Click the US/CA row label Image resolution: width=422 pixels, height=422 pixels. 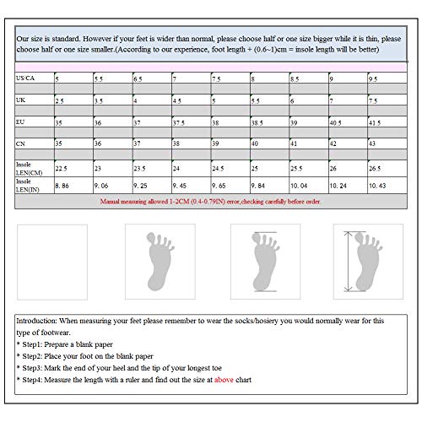pyautogui.click(x=25, y=78)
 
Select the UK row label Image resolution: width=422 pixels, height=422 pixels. pyautogui.click(x=20, y=100)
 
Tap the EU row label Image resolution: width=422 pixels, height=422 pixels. pyautogui.click(x=20, y=122)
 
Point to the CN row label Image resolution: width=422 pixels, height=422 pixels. pyautogui.click(x=20, y=143)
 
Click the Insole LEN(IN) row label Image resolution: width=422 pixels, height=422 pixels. pyautogui.click(x=28, y=186)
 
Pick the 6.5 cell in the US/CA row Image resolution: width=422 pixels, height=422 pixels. pyautogui.click(x=138, y=79)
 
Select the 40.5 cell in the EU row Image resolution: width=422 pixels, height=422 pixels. pyautogui.click(x=336, y=123)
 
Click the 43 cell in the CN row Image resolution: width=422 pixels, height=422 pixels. pyautogui.click(x=372, y=143)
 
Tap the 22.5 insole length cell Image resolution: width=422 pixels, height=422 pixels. pyautogui.click(x=61, y=169)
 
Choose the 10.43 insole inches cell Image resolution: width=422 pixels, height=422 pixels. pyautogui.click(x=377, y=186)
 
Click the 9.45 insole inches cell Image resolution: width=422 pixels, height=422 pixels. pyautogui.click(x=179, y=186)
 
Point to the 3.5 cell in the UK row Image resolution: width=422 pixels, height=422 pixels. pyautogui.click(x=99, y=101)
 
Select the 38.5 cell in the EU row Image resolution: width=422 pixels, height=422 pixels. pyautogui.click(x=257, y=123)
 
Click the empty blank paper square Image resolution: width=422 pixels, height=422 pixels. pyautogui.click(x=52, y=262)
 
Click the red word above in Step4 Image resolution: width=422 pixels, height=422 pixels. pyautogui.click(x=224, y=380)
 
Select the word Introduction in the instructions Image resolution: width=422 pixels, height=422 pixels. pyautogui.click(x=36, y=321)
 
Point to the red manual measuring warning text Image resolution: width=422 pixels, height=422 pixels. pyautogui.click(x=210, y=202)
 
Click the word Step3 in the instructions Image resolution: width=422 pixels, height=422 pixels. pyautogui.click(x=32, y=368)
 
